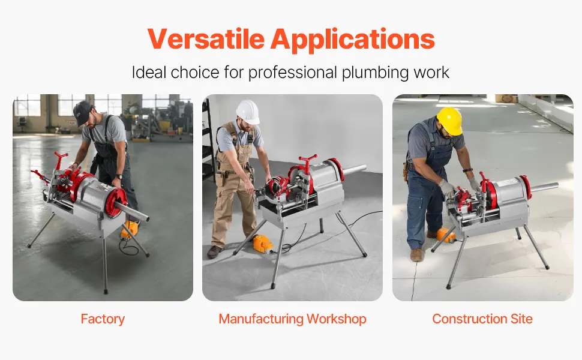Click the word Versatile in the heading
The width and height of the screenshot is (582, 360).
click(x=206, y=38)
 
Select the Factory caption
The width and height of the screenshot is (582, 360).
click(x=103, y=319)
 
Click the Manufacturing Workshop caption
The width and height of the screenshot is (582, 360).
click(x=292, y=319)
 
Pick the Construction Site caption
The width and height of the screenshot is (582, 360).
click(x=482, y=319)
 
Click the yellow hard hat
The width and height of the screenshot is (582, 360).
click(x=450, y=121)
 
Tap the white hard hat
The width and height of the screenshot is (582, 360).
click(x=248, y=112)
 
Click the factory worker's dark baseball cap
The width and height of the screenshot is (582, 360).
click(x=82, y=113)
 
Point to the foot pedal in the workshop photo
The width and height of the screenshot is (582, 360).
click(x=262, y=244)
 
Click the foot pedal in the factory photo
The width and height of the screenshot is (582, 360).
click(x=130, y=229)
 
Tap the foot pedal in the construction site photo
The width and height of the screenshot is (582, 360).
click(x=445, y=235)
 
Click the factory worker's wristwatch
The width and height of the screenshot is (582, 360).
click(x=118, y=176)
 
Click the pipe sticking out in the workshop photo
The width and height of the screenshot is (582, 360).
click(x=354, y=170)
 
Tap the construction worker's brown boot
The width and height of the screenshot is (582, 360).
click(x=416, y=255)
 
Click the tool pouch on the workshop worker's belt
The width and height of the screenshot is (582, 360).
click(x=220, y=179)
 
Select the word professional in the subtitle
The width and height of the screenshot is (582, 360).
click(x=292, y=73)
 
